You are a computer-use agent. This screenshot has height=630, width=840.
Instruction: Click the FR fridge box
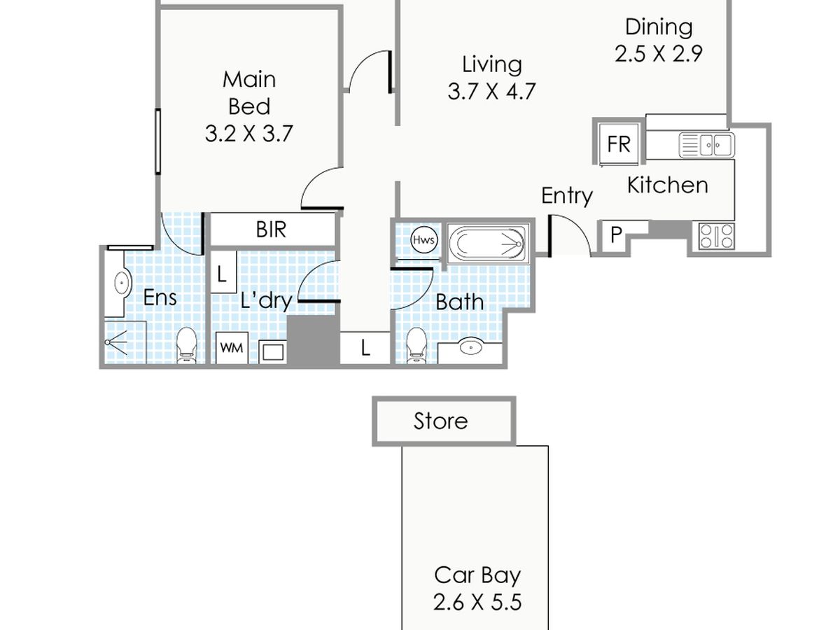[x=619, y=143]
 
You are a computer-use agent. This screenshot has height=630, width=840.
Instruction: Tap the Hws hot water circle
[x=423, y=240]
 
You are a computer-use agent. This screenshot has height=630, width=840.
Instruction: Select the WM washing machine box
[x=232, y=348]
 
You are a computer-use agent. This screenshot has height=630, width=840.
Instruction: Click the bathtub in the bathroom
[x=488, y=244]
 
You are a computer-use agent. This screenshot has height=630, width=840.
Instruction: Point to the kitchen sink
[x=706, y=145]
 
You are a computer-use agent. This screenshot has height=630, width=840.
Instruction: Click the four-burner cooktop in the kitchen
[x=716, y=236]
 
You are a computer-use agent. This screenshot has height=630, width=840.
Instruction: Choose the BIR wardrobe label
[x=271, y=230]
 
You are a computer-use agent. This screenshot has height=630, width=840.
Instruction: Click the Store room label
[x=440, y=421]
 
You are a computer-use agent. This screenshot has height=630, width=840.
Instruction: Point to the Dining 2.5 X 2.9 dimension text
[x=659, y=54]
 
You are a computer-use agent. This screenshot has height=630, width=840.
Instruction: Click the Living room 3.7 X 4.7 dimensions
[x=491, y=92]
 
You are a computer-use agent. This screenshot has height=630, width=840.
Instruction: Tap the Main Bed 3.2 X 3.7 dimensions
[x=248, y=134]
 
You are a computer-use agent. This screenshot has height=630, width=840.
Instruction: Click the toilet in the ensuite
[x=186, y=345]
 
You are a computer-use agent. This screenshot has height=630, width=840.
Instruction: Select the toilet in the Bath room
[x=416, y=345]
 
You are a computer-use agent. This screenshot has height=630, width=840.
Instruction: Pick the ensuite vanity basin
[x=122, y=283]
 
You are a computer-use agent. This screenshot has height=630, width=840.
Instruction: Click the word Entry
[x=567, y=196]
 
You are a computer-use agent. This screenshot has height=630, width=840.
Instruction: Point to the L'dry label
[x=267, y=300]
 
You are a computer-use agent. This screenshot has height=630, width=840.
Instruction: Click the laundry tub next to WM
[x=273, y=351]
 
